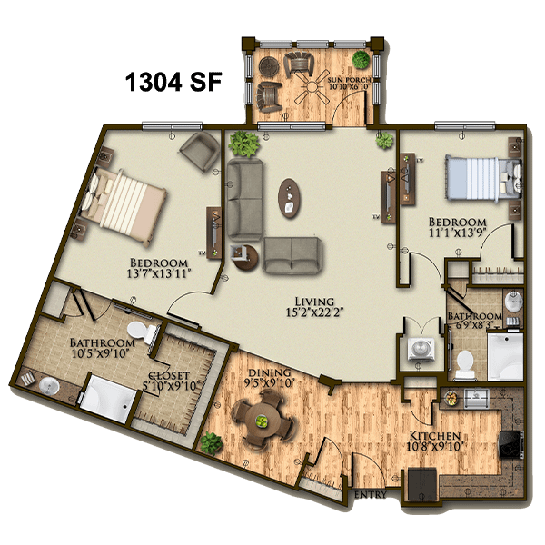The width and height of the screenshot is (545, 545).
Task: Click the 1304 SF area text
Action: click(173, 83)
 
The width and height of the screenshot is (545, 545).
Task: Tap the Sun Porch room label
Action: click(349, 84)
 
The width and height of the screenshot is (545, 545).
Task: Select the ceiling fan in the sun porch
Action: click(312, 86)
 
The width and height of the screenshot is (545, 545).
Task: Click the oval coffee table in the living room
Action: click(289, 198)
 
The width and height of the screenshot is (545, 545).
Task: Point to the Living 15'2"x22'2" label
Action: click(314, 307)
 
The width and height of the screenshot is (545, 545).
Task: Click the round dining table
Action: click(262, 421)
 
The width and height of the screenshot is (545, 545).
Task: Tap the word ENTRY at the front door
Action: click(371, 494)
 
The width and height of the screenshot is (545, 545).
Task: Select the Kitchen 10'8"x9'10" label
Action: click(435, 441)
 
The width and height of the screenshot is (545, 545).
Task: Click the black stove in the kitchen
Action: click(510, 445)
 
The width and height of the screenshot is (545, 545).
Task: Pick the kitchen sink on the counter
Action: click(477, 398)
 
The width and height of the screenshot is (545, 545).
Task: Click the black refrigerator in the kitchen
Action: click(422, 484)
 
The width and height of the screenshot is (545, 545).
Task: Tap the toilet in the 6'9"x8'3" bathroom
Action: click(465, 364)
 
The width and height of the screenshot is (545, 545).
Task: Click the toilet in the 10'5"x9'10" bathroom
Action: click(144, 332)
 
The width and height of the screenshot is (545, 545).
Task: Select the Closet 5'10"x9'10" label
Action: click(170, 381)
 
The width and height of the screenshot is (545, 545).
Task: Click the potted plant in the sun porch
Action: click(362, 59)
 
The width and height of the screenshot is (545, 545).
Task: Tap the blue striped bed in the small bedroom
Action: click(483, 179)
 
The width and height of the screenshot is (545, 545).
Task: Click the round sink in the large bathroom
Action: click(49, 387)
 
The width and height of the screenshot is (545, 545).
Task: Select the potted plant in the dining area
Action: click(212, 443)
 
